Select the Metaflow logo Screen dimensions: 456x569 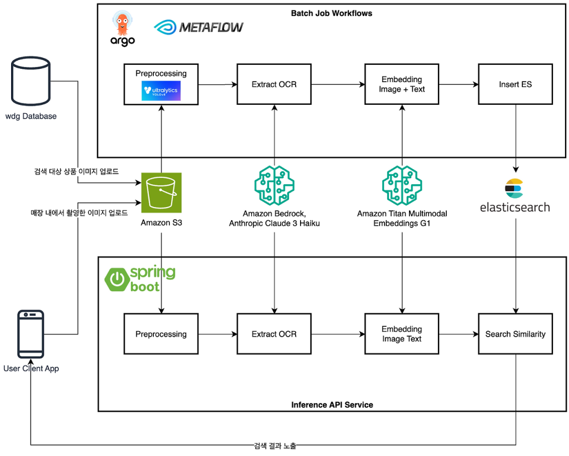pyautogui.click(x=199, y=27)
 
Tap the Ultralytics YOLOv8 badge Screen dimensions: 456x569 pyautogui.click(x=161, y=91)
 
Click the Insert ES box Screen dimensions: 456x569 pyautogui.click(x=515, y=84)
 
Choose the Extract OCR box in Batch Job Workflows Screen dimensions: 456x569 pyautogui.click(x=274, y=84)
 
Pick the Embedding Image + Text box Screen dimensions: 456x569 pyautogui.click(x=402, y=84)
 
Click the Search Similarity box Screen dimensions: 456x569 pyautogui.click(x=515, y=334)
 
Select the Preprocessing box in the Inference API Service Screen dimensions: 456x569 pyautogui.click(x=161, y=334)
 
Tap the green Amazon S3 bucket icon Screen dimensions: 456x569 pyautogui.click(x=161, y=192)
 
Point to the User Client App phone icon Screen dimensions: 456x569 pyautogui.click(x=31, y=334)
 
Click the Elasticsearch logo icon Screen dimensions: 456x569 pyautogui.click(x=515, y=189)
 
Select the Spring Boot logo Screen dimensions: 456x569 pyautogui.click(x=140, y=279)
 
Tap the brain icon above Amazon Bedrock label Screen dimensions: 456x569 pyautogui.click(x=274, y=185)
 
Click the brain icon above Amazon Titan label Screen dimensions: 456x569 pyautogui.click(x=402, y=185)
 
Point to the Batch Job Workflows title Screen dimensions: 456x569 pyautogui.click(x=331, y=13)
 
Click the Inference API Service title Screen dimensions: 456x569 pyautogui.click(x=332, y=404)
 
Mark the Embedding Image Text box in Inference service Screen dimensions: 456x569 pyautogui.click(x=402, y=334)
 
